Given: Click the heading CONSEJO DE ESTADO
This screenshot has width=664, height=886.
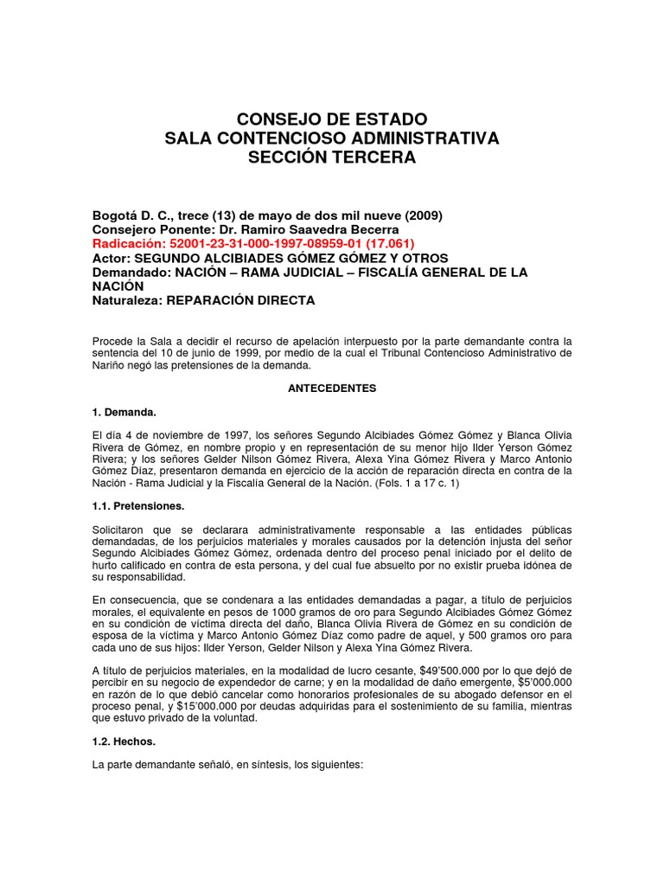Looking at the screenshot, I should (x=331, y=119).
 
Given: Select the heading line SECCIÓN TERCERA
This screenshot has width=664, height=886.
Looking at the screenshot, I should (x=331, y=157).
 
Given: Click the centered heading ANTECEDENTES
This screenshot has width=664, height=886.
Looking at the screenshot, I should (x=331, y=388).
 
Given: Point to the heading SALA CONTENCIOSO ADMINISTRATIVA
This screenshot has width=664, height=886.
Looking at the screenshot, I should (x=331, y=138).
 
